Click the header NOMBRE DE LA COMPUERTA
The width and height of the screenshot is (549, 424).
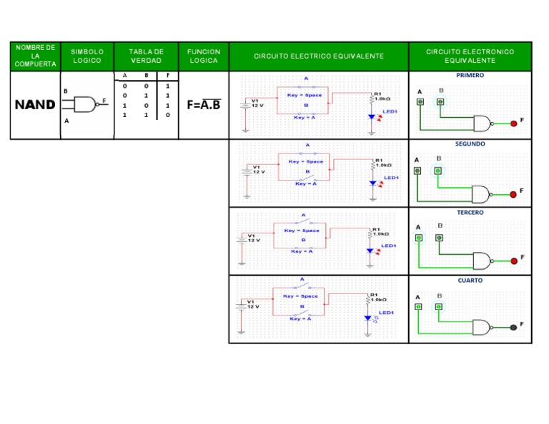[x=35, y=56]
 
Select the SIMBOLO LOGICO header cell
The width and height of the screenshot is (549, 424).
[x=87, y=56]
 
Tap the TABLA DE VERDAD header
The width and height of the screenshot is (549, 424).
[x=146, y=56]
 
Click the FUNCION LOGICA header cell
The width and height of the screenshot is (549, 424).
[x=204, y=56]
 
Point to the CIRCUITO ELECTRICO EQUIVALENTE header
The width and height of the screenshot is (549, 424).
[x=319, y=56]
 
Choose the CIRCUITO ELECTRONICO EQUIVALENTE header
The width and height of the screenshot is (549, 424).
[x=470, y=56]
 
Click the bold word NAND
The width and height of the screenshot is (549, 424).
[x=35, y=105]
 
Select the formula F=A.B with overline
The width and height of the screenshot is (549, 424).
[x=204, y=105]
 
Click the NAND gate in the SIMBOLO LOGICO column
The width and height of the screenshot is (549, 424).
[x=85, y=104]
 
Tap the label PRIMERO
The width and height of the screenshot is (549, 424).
[x=470, y=75]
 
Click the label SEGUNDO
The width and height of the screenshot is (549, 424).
[x=470, y=143]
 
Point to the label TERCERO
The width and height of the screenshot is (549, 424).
[x=470, y=212]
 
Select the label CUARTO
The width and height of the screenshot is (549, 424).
[x=470, y=281]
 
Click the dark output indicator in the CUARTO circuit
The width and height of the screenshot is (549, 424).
[x=513, y=327]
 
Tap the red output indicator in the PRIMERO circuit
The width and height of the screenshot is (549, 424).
[x=513, y=123]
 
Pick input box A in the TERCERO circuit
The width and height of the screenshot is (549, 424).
[x=420, y=238]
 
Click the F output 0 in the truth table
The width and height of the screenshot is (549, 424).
[x=167, y=114]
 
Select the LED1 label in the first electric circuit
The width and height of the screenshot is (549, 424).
[x=390, y=112]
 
